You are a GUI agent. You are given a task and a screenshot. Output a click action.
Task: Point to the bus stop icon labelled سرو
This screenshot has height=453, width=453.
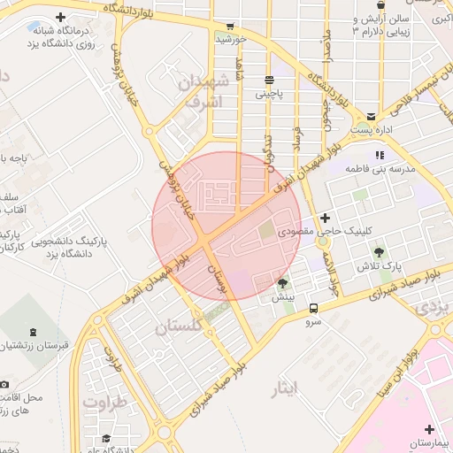point(314,308)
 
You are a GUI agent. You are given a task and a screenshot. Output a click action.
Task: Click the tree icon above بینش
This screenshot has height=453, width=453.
point(282,283)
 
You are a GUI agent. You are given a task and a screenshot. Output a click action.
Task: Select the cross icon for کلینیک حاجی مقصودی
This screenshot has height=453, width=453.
point(325,218)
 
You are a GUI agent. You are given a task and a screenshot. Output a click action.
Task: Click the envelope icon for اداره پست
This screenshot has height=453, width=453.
point(370,116)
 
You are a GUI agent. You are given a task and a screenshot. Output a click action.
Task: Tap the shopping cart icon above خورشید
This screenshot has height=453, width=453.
point(230,26)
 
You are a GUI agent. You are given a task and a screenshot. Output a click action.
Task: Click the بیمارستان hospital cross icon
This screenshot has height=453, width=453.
point(429,428)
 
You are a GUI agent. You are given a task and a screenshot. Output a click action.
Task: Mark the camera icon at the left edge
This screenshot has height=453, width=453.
point(4,385)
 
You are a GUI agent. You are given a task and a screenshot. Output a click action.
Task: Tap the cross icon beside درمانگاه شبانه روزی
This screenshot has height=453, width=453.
point(60,18)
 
